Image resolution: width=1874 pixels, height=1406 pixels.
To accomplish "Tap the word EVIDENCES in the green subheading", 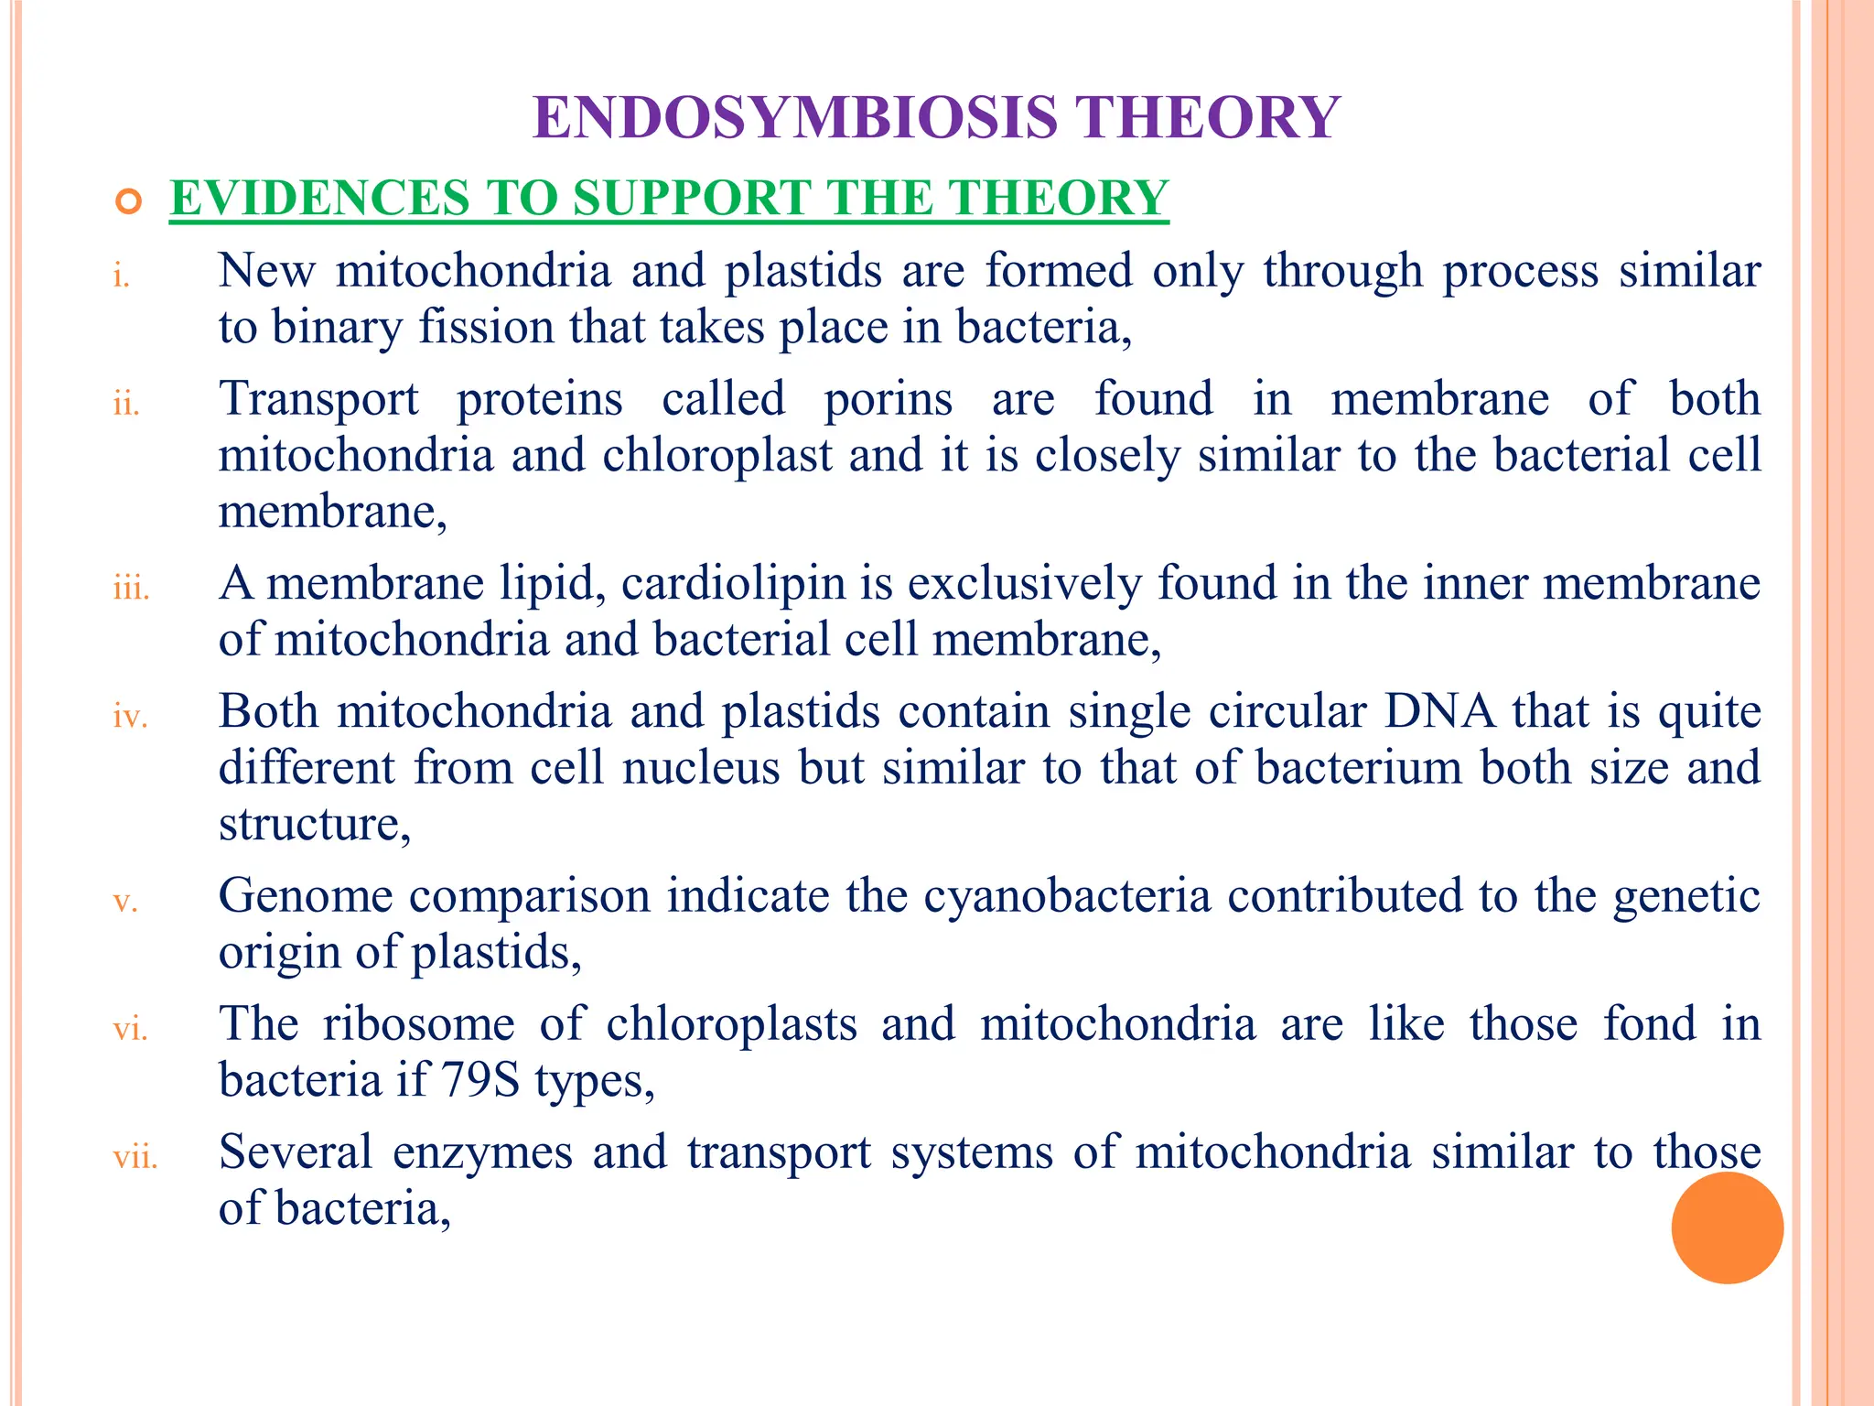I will (x=319, y=198).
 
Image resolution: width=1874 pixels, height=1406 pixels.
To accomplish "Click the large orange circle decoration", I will (x=1727, y=1228).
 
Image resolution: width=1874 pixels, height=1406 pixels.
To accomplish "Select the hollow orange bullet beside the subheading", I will (x=129, y=200).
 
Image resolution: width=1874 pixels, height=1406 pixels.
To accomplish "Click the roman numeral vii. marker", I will (x=135, y=1157).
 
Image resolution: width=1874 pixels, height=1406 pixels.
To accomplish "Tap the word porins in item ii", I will (x=888, y=400).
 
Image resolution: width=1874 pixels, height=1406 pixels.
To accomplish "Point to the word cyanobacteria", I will (x=1067, y=896).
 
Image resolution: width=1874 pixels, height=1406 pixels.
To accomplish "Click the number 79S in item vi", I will (x=480, y=1080).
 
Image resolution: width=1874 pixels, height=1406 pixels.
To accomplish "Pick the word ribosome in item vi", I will (x=418, y=1024).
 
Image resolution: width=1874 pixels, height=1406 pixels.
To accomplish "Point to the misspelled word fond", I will (x=1649, y=1023).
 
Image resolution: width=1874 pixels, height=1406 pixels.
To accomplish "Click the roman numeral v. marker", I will (x=125, y=902).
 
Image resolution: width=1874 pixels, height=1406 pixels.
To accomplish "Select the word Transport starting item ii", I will (x=318, y=400).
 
